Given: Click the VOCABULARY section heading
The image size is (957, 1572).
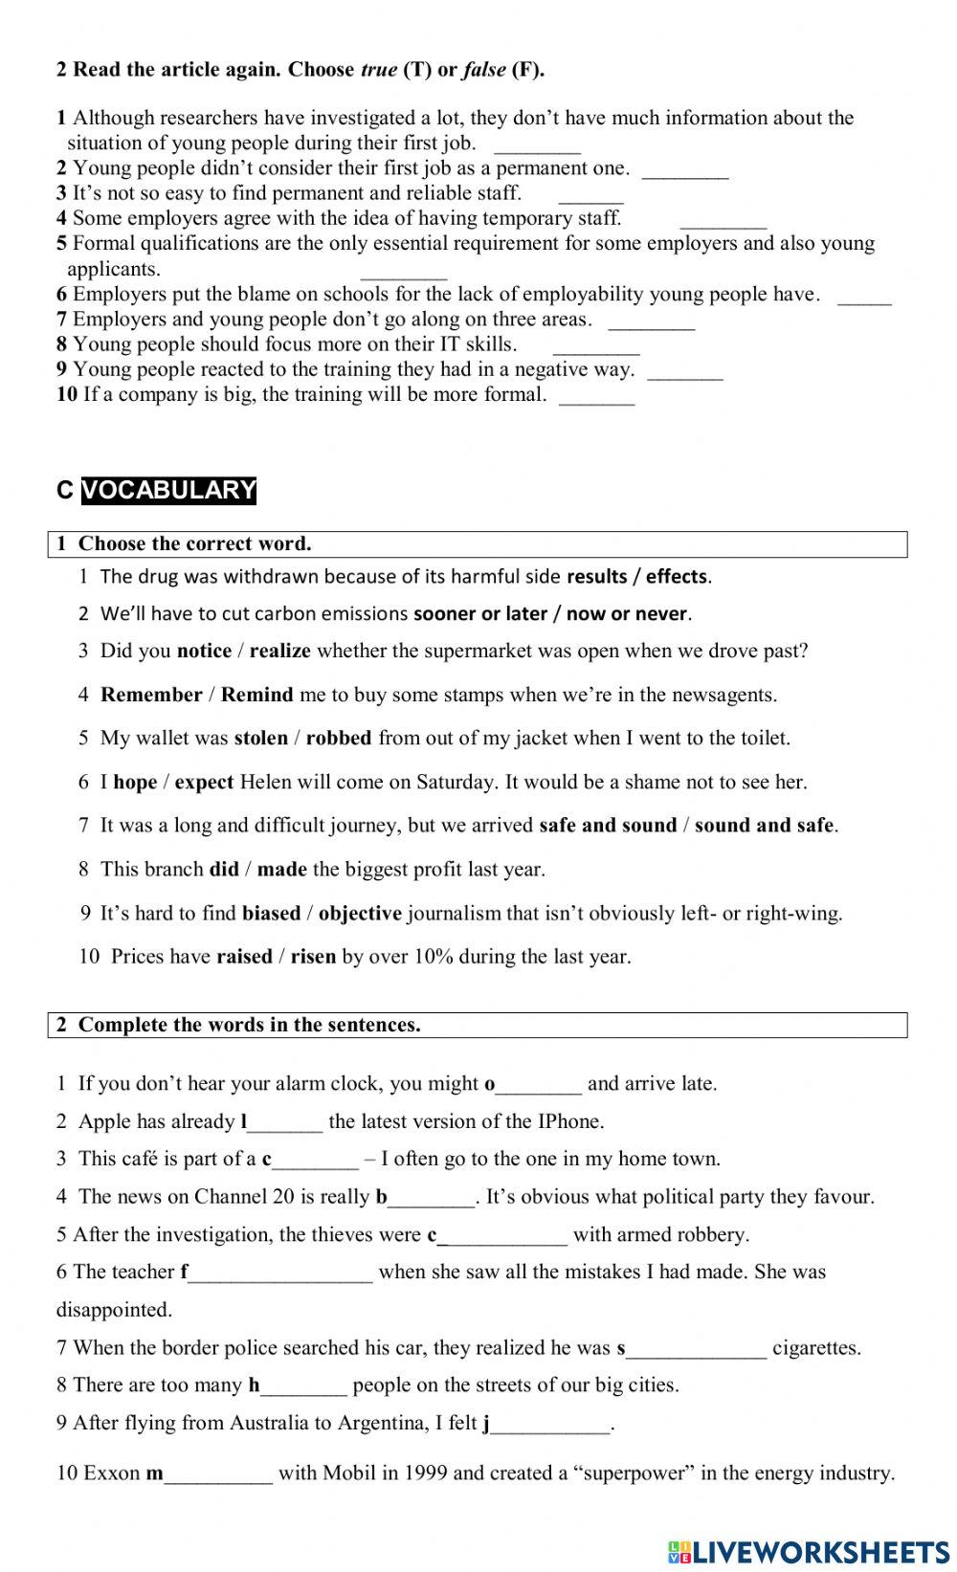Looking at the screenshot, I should coord(168,490).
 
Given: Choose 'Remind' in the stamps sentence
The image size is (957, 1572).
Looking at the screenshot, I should coord(256,695).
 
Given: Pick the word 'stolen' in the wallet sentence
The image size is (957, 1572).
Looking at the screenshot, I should coord(260,738).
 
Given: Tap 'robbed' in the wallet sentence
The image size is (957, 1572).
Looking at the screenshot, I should coord(339,738).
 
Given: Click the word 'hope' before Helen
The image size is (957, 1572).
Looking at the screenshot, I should coord(135,782).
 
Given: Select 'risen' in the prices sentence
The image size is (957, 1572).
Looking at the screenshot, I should coord(313,956).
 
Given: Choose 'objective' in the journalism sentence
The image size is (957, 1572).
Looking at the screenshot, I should coord(360,913).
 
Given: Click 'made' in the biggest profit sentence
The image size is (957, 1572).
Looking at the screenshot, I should coord(282,869).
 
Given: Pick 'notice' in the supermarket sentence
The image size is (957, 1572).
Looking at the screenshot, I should coord(204,651).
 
